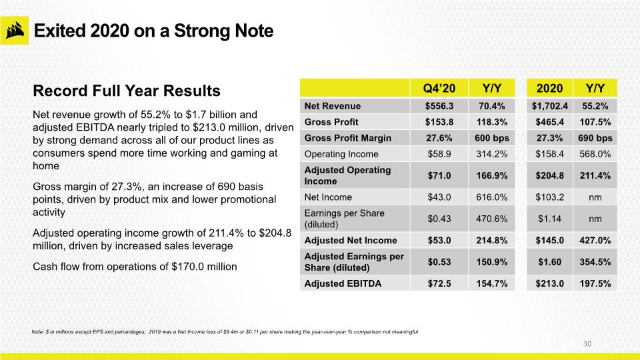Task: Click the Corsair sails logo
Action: (15, 31)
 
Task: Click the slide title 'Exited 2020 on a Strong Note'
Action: (153, 31)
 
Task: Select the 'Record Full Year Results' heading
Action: (127, 91)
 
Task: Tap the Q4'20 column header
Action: (439, 88)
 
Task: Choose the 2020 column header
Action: (549, 88)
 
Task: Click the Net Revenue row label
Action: (333, 106)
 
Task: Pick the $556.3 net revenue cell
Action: (439, 106)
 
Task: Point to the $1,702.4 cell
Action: (549, 106)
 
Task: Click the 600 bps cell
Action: (492, 138)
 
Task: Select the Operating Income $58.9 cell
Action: (439, 154)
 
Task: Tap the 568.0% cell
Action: (595, 154)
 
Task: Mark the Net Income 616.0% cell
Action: (492, 197)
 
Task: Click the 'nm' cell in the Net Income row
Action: (595, 197)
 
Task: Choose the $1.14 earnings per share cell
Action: (549, 219)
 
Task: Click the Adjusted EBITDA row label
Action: (343, 284)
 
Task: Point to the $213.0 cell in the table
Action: (549, 284)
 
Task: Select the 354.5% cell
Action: (595, 262)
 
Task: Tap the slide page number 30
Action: (587, 344)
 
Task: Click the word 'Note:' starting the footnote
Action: (37, 332)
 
